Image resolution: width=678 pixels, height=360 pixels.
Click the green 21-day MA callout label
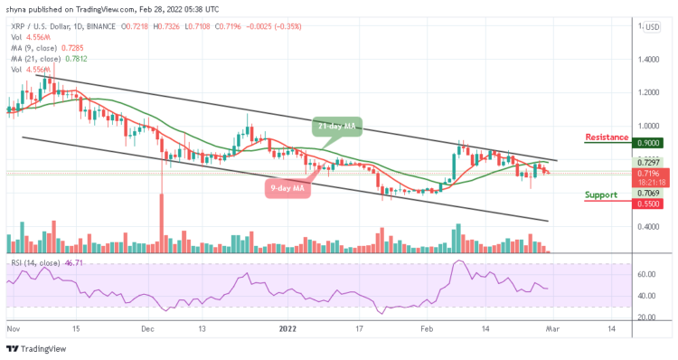click(x=337, y=128)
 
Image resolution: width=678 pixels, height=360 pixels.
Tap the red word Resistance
click(x=607, y=137)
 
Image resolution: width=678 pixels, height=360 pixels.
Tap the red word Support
click(x=607, y=194)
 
